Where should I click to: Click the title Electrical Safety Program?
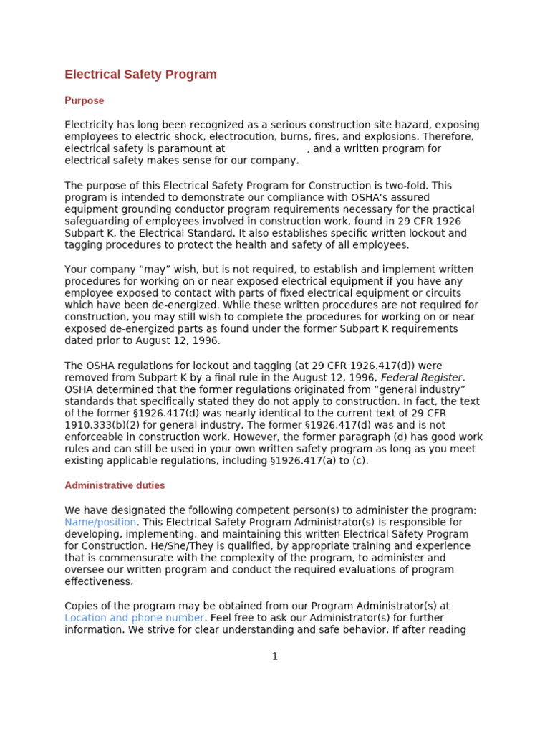coord(140,75)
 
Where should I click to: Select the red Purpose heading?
coord(84,100)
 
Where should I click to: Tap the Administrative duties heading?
coord(115,485)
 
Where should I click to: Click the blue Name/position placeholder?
coord(100,522)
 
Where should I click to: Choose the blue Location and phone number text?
coord(134,617)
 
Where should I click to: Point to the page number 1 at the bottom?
coord(274,657)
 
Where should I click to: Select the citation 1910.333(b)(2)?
coord(101,425)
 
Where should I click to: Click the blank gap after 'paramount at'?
coord(266,148)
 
